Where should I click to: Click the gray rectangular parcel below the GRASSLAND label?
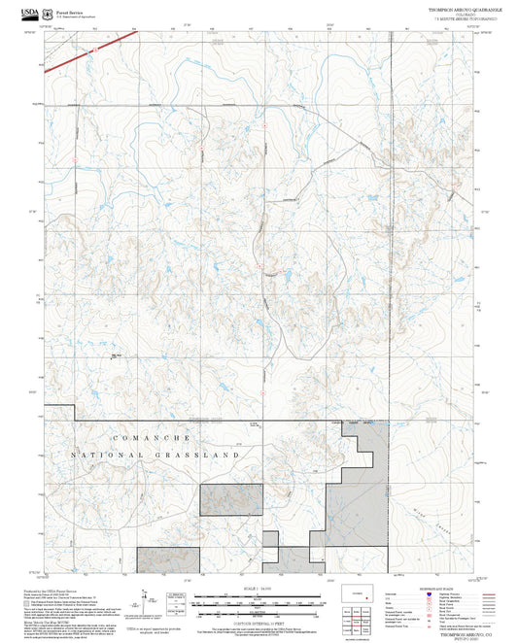[x=232, y=499]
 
